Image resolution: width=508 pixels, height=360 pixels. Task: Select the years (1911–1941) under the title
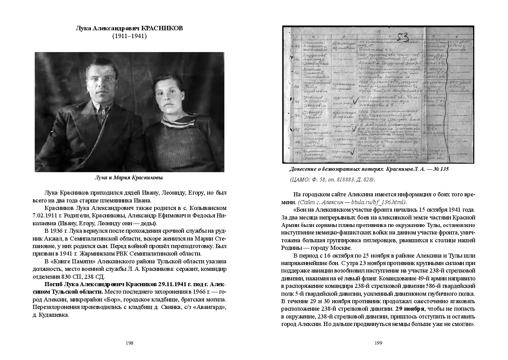tap(129, 36)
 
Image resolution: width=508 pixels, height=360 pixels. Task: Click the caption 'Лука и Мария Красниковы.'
tap(129, 177)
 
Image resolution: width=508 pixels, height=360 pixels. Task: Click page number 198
tap(129, 343)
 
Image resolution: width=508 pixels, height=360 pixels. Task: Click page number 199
tap(379, 343)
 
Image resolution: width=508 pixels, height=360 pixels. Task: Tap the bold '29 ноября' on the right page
tap(410, 309)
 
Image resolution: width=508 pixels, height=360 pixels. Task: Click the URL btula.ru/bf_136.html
tap(379, 202)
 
